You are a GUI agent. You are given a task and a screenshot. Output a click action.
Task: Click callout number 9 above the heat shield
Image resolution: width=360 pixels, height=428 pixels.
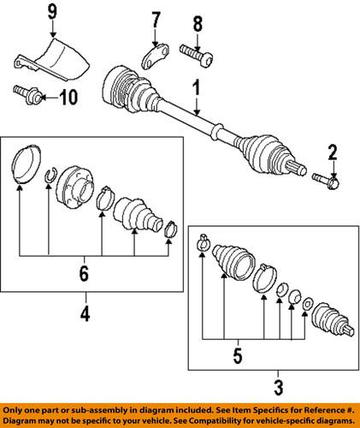point(50,13)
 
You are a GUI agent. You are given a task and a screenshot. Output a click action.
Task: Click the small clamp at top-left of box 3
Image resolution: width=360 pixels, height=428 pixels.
point(203,240)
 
